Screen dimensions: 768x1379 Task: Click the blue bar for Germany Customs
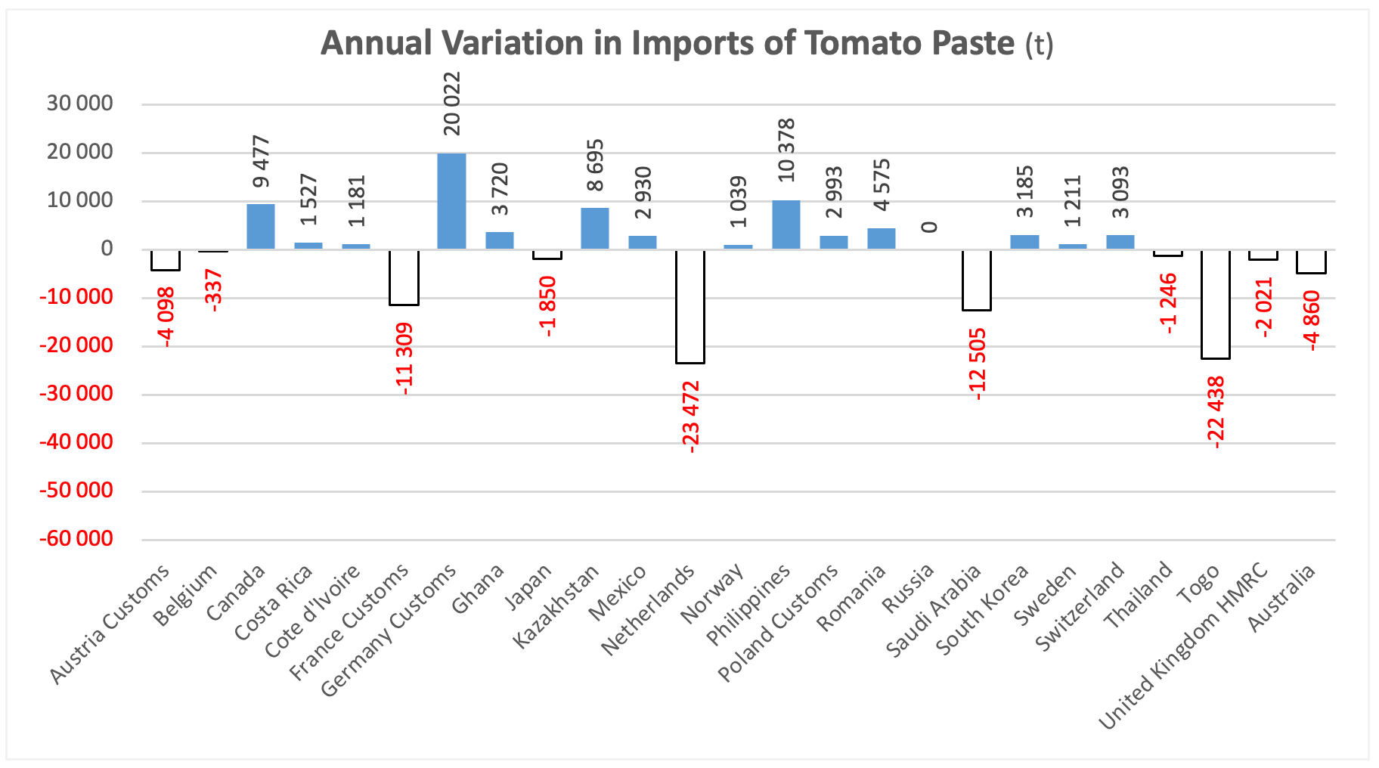coord(451,201)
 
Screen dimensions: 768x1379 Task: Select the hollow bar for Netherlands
coord(690,306)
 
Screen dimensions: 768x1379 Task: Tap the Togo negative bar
coord(1216,304)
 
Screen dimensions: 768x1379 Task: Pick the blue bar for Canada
coord(261,226)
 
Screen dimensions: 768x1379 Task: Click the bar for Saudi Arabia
coord(977,280)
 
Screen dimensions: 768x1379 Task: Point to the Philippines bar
coord(786,225)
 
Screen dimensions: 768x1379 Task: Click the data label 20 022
coord(451,104)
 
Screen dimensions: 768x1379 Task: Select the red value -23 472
coord(691,417)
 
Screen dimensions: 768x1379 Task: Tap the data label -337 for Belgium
coord(214,290)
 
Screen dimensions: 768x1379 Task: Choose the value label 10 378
coord(786,150)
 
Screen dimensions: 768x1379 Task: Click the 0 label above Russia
coord(930,227)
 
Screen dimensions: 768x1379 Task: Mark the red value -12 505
coord(978,364)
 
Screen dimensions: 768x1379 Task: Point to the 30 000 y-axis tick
coord(80,104)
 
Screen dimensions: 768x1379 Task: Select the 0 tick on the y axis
coord(107,249)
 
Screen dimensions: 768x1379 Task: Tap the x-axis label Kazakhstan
coord(556,607)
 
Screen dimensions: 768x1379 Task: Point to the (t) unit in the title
coord(1039,45)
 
